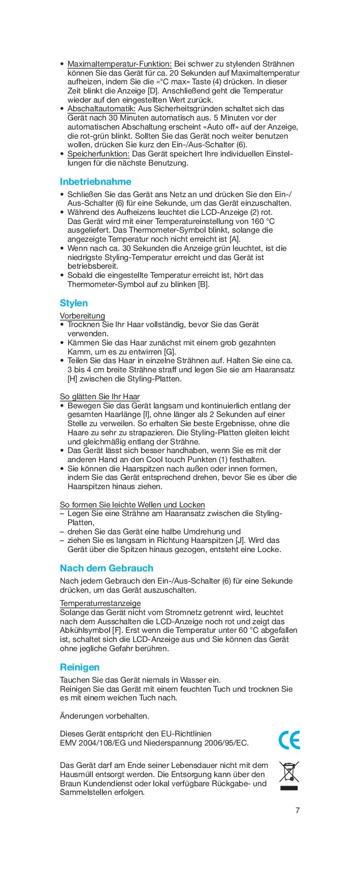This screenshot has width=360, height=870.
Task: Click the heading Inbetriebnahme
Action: pos(95,182)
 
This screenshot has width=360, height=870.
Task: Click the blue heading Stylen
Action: pos(74,303)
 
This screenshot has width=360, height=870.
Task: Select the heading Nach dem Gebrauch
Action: pos(106,568)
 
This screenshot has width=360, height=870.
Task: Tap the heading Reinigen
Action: pos(80,667)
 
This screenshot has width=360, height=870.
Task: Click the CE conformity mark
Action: pos(289,740)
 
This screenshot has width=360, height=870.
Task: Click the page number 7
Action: pos(298,811)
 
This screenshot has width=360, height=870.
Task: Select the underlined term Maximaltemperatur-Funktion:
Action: pos(120,64)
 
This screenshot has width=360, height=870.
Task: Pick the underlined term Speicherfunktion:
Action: pos(99,154)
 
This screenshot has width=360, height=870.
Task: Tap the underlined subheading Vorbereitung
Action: pos(82,316)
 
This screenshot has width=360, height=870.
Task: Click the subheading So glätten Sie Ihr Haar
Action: pos(100,397)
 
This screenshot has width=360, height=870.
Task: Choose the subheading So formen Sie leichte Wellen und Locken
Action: pos(132,505)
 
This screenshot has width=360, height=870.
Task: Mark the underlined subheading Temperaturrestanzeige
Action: pos(100,603)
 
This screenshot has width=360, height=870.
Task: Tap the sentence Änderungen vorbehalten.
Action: pos(105,716)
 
